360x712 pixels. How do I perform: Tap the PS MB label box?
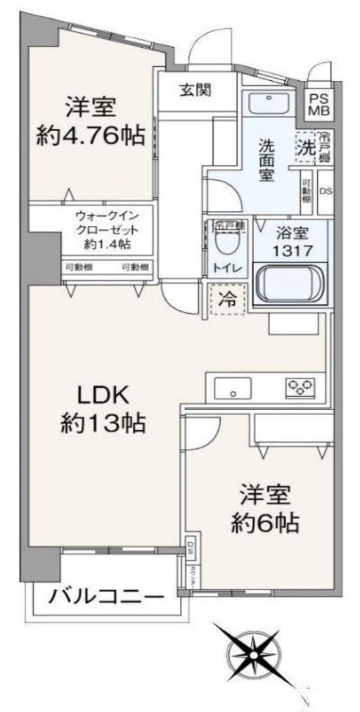(x=319, y=103)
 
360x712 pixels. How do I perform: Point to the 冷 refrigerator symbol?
(x=226, y=298)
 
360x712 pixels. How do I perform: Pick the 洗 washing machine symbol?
(x=304, y=148)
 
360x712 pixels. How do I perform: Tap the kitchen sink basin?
(x=233, y=388)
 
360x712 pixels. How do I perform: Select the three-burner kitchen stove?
(x=300, y=386)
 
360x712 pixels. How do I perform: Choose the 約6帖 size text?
(x=266, y=523)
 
